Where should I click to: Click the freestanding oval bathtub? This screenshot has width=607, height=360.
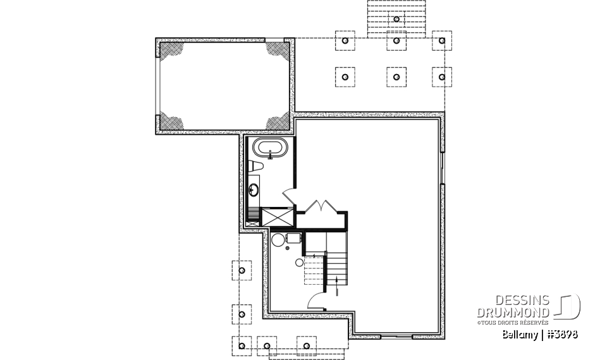click(x=270, y=150)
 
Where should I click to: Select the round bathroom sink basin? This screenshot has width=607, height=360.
click(x=254, y=189)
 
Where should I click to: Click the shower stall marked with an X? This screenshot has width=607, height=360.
click(x=276, y=217)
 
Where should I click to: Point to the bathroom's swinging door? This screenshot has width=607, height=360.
click(x=287, y=194)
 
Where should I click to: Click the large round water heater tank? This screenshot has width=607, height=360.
click(x=278, y=239)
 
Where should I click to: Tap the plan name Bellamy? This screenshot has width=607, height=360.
click(x=519, y=334)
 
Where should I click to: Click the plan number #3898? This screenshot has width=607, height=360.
click(x=561, y=334)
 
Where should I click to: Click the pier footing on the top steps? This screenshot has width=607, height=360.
click(x=396, y=19)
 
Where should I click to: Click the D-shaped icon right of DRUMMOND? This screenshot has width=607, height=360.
click(x=568, y=307)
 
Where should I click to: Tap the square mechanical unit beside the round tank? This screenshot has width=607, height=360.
click(x=294, y=238)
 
